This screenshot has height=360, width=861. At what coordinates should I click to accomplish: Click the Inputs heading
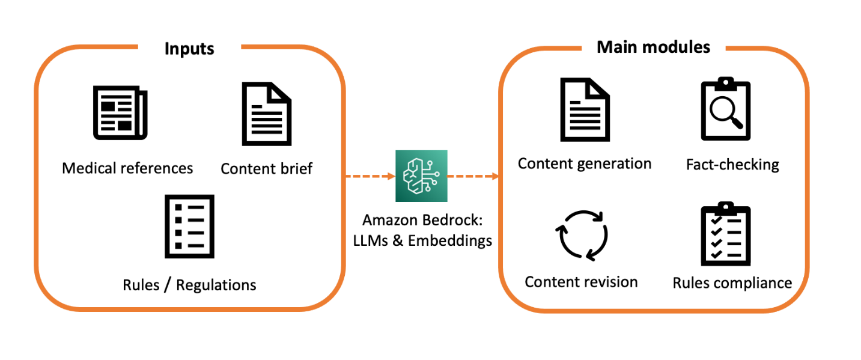(x=189, y=48)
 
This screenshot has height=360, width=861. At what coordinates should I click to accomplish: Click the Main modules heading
(x=653, y=46)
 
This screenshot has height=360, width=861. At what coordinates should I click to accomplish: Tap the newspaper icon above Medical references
(x=120, y=114)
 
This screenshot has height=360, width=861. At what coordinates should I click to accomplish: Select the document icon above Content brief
(x=266, y=114)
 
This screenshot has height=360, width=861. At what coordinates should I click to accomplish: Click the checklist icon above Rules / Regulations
(x=189, y=226)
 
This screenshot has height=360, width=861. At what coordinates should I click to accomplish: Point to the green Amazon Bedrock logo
(x=421, y=176)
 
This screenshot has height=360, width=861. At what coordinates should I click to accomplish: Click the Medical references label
(x=127, y=168)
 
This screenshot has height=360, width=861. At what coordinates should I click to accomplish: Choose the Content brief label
(x=266, y=168)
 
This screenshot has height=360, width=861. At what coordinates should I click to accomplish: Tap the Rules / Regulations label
(x=189, y=284)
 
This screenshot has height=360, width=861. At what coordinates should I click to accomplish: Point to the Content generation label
(x=585, y=163)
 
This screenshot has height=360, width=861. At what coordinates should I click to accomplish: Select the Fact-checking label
(x=732, y=164)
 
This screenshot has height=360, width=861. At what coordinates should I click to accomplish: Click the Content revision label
(x=581, y=281)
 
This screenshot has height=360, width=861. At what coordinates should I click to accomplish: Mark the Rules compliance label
(x=732, y=282)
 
